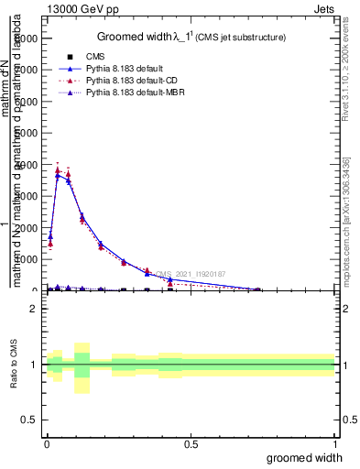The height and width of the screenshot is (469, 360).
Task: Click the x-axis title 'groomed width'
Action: tap(311, 456)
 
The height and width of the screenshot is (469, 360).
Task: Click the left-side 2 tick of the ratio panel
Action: tap(34, 309)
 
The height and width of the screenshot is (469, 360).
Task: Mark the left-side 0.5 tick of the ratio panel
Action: tap(30, 420)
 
